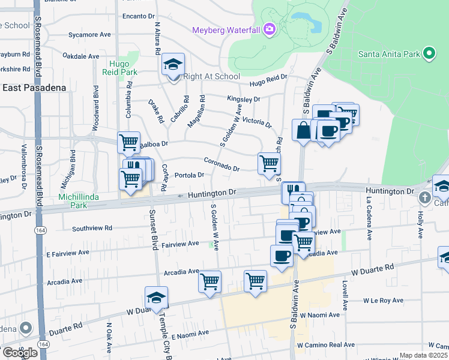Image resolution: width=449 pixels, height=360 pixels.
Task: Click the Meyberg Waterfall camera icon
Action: tap(270, 29)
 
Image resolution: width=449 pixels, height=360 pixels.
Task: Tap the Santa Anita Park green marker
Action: tap(429, 54)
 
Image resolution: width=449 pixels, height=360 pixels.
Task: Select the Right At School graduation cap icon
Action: tap(173, 65)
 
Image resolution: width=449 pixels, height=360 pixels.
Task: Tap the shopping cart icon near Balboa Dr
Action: tap(128, 143)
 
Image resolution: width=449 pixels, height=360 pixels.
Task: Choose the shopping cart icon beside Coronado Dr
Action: tap(269, 163)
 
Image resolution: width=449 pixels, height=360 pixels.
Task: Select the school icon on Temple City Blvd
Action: tap(156, 298)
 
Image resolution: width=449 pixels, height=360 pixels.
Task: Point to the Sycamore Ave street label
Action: tap(89, 35)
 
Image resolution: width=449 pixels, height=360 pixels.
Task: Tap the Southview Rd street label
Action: tap(92, 228)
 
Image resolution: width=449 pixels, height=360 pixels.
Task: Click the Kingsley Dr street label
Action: tap(243, 99)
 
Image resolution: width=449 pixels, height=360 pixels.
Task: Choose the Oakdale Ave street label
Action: tap(81, 56)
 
